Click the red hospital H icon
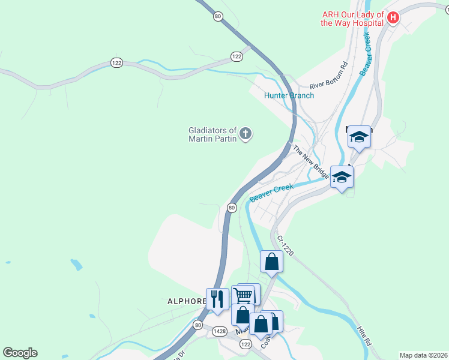(393, 18)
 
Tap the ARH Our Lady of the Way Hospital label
(352, 19)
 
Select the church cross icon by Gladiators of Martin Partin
(245, 134)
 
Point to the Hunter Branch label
(289, 95)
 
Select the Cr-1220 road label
(285, 246)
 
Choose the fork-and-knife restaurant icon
(217, 299)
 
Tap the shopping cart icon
(243, 295)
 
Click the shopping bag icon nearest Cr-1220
(271, 261)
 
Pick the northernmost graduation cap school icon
(359, 137)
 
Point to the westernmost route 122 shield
(116, 62)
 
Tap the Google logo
(20, 353)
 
